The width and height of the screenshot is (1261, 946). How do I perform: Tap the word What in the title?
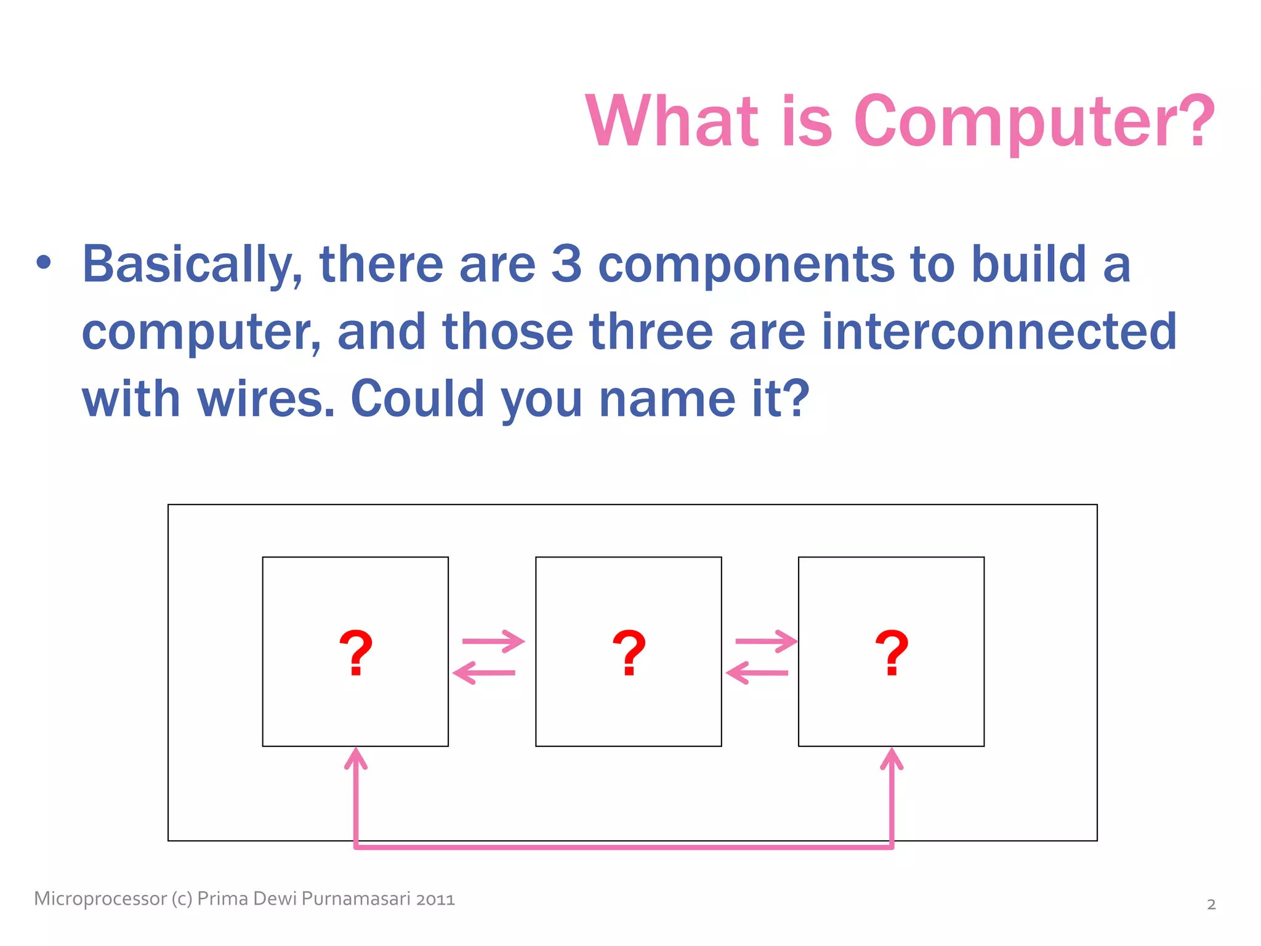pyautogui.click(x=671, y=121)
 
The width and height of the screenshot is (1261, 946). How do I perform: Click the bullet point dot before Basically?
pyautogui.click(x=44, y=263)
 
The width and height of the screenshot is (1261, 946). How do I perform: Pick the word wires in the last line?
pyautogui.click(x=266, y=398)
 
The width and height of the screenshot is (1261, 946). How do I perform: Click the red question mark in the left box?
pyautogui.click(x=356, y=653)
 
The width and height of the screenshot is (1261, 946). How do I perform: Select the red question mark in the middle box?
pyautogui.click(x=629, y=653)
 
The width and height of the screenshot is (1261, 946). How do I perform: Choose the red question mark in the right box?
pyautogui.click(x=892, y=653)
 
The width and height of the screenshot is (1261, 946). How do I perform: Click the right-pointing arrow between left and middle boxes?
pyautogui.click(x=493, y=642)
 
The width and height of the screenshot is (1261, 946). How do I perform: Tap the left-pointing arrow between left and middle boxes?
pyautogui.click(x=484, y=673)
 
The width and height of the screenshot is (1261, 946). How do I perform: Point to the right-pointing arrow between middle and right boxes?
pyautogui.click(x=766, y=642)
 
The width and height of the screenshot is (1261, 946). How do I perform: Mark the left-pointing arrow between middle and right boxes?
pyautogui.click(x=757, y=673)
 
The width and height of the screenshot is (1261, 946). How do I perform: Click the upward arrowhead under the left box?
pyautogui.click(x=356, y=759)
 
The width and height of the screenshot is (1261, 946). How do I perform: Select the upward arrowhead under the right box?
pyautogui.click(x=892, y=759)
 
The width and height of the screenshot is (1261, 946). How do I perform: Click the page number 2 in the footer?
pyautogui.click(x=1211, y=905)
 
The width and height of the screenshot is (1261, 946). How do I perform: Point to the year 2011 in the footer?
pyautogui.click(x=435, y=900)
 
